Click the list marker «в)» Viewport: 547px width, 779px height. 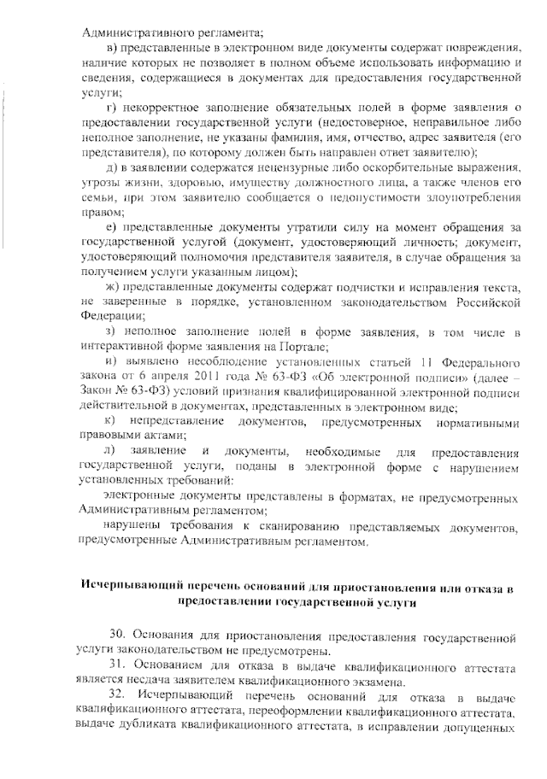pyautogui.click(x=110, y=47)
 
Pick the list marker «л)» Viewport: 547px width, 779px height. pyautogui.click(x=109, y=450)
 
